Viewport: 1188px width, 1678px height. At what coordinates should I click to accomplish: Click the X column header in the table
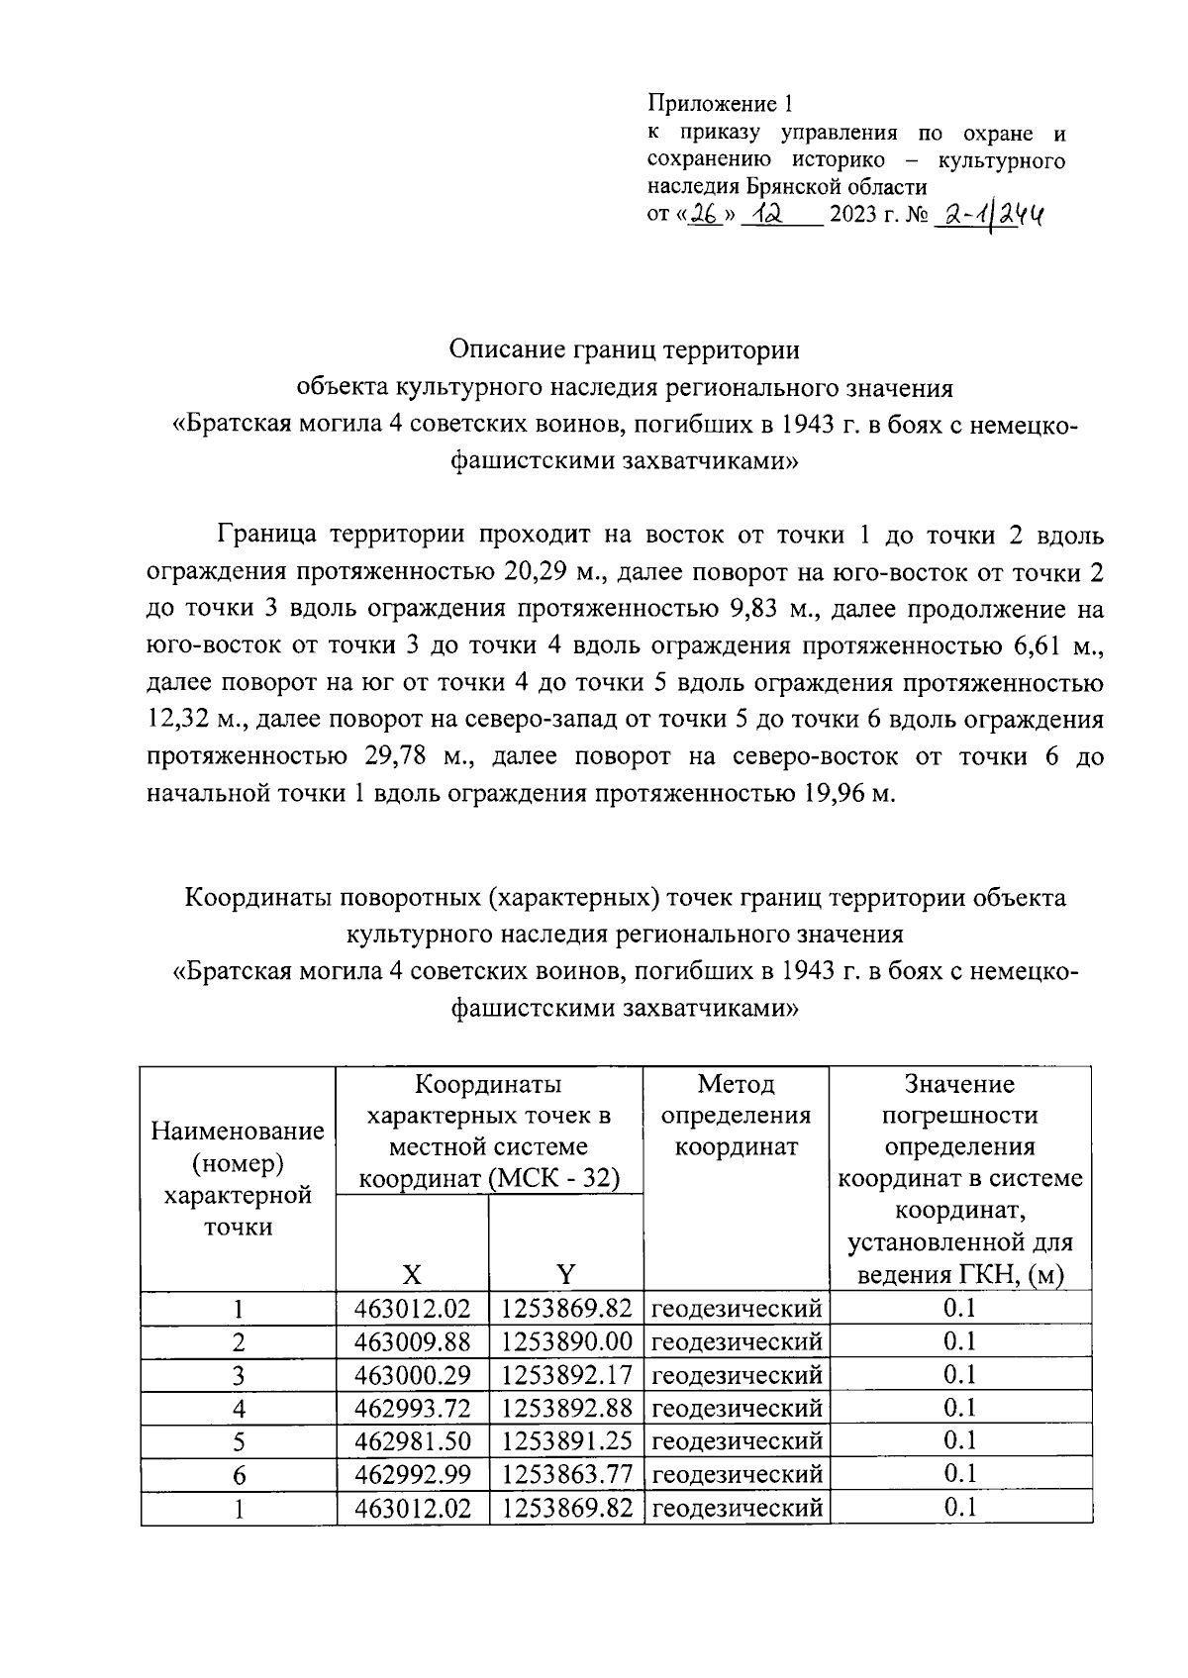pyautogui.click(x=412, y=1273)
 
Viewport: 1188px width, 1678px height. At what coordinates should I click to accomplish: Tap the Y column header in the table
pyautogui.click(x=565, y=1273)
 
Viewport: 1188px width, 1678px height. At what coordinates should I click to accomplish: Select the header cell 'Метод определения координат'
pyautogui.click(x=736, y=1116)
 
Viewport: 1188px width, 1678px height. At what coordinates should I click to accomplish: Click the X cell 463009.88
pyautogui.click(x=412, y=1341)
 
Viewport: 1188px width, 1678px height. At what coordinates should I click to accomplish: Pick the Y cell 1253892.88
pyautogui.click(x=566, y=1408)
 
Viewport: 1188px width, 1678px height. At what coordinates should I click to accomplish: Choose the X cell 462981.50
pyautogui.click(x=412, y=1440)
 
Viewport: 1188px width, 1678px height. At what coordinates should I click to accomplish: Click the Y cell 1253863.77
pyautogui.click(x=566, y=1474)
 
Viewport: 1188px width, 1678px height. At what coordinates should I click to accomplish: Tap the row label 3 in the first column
pyautogui.click(x=239, y=1375)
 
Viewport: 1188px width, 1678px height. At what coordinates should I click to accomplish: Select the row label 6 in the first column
pyautogui.click(x=239, y=1475)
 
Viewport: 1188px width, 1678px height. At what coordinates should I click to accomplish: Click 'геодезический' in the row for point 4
pyautogui.click(x=737, y=1408)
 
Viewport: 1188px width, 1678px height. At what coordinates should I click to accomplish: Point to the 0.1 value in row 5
pyautogui.click(x=959, y=1440)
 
